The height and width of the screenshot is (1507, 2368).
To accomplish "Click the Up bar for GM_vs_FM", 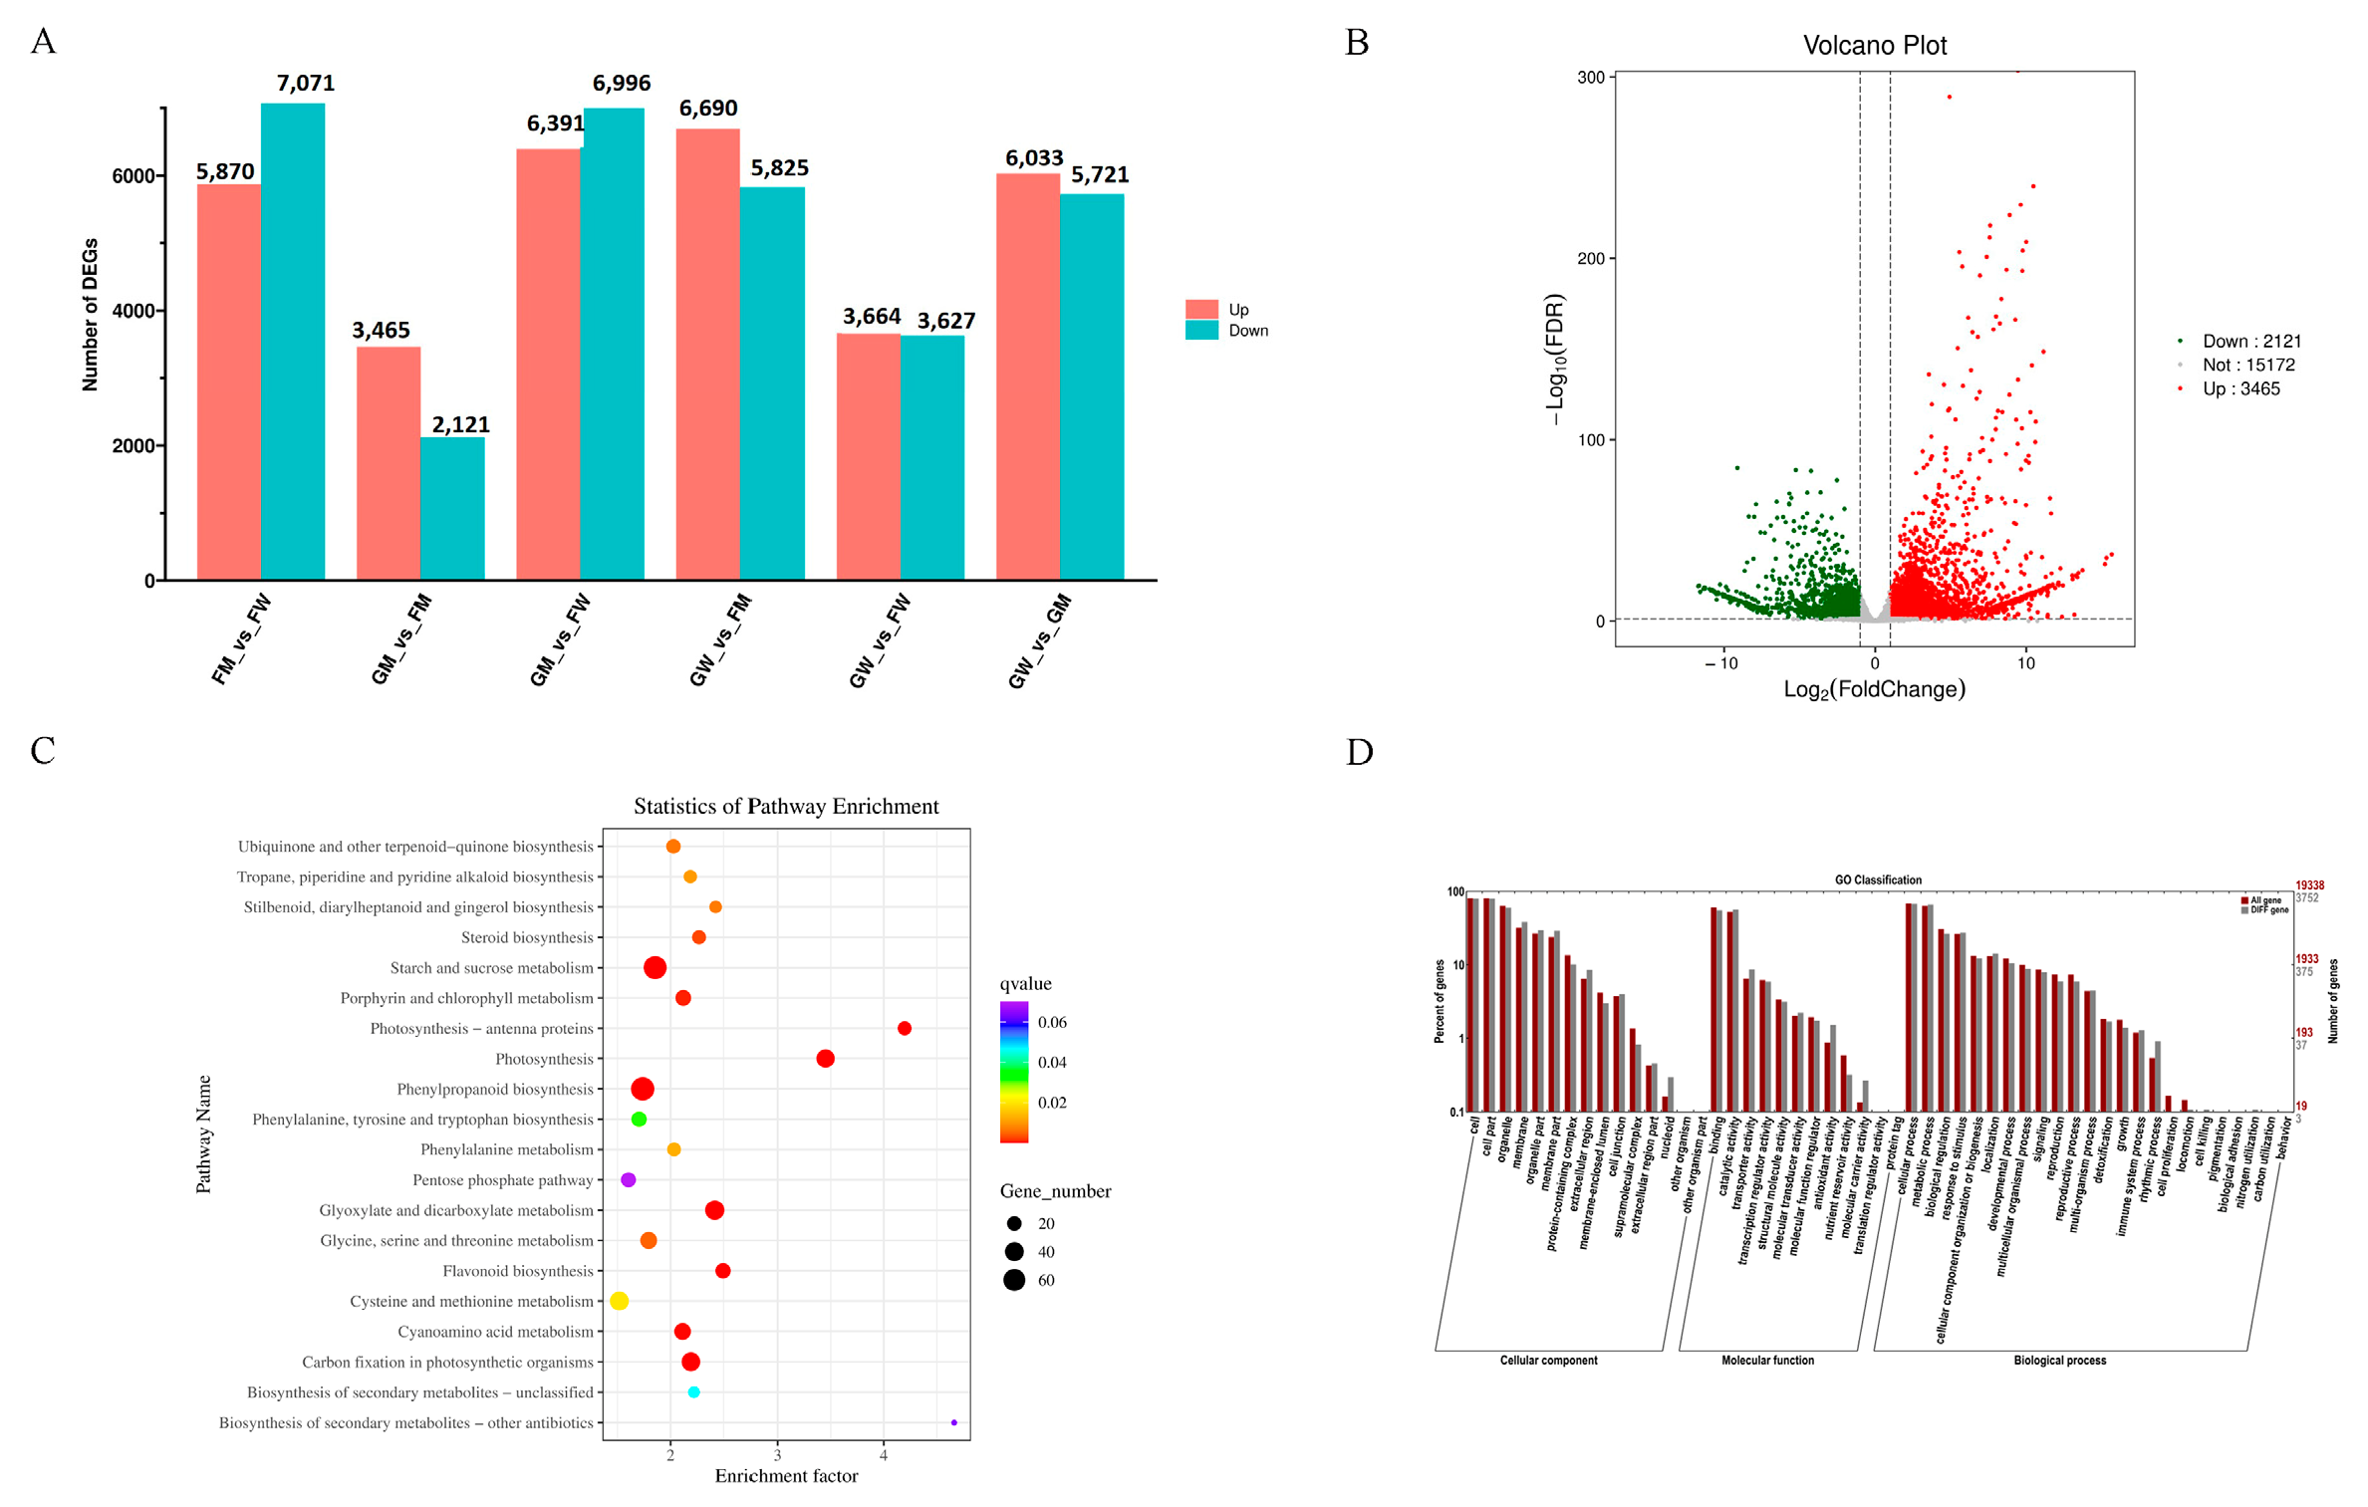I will pos(388,463).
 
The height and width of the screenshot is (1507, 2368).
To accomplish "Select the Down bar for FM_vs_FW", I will pos(292,341).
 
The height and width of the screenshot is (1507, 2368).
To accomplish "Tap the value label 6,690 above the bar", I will pos(707,108).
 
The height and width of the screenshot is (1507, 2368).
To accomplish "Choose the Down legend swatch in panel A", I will pos(1200,331).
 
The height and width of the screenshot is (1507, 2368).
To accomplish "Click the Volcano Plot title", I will pos(1873,45).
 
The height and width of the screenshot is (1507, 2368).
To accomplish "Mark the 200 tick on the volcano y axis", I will pos(1590,258).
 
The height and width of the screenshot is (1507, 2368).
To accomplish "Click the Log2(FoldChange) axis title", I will pos(1873,689).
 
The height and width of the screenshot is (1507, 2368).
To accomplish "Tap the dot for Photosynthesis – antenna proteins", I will pos(904,1028).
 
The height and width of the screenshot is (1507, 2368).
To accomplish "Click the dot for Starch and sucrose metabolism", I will pos(655,967).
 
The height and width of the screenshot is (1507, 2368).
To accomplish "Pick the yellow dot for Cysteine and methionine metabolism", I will pos(619,1301).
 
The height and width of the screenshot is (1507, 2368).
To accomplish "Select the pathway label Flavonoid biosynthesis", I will pos(517,1271).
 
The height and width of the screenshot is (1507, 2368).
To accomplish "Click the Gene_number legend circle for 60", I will pos(1014,1280).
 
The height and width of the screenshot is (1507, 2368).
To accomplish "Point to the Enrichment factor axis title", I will pos(786,1476).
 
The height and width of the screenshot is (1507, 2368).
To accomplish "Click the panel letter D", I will pos(1359,752).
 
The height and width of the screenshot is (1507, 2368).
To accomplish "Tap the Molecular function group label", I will pos(1766,1360).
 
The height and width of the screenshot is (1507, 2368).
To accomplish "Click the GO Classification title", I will pos(1877,879).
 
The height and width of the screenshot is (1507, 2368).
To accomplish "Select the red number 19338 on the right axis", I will pos(2308,884).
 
